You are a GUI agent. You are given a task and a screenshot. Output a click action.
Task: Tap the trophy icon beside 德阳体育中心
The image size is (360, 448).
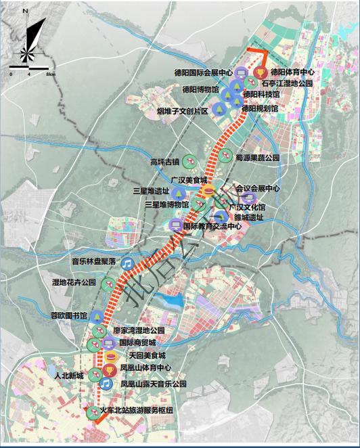tap(260, 71)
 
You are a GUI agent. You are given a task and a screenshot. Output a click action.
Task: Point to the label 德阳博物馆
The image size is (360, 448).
tap(200, 89)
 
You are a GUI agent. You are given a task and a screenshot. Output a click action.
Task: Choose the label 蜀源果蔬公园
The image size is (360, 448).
tap(258, 157)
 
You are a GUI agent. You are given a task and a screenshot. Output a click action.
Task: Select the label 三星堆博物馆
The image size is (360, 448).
tap(166, 203)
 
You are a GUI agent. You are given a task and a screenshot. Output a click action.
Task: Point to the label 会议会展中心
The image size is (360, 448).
tap(257, 188)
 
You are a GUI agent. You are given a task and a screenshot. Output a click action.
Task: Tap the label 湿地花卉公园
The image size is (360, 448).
tap(74, 282)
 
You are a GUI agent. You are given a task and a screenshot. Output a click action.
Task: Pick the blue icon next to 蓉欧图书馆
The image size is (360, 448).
tap(97, 315)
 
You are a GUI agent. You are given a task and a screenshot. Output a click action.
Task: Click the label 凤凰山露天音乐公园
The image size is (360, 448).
tap(153, 384)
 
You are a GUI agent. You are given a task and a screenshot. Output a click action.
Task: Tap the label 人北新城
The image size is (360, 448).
tap(70, 374)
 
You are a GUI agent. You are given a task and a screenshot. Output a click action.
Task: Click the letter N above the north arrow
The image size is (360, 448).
tap(25, 12)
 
